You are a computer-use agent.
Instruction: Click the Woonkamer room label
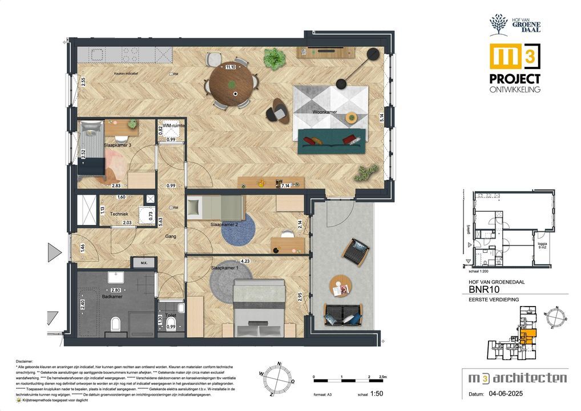(324, 112)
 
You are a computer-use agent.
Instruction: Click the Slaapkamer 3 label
(118, 146)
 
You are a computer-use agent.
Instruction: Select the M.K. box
(140, 263)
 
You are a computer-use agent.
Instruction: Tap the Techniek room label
(119, 215)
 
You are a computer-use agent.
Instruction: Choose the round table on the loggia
(340, 285)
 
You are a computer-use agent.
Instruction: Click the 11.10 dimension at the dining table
(231, 67)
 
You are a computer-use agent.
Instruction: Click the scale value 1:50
(377, 394)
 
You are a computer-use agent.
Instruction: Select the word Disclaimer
(26, 361)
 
